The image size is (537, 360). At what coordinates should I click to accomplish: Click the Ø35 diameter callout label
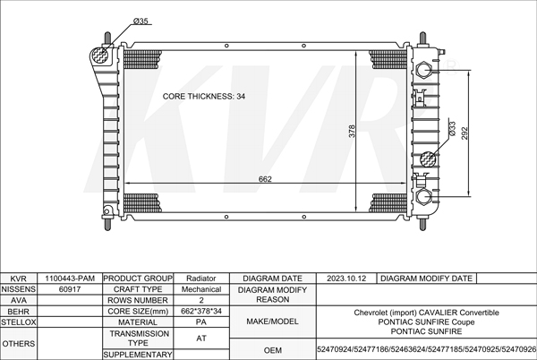pyautogui.click(x=141, y=21)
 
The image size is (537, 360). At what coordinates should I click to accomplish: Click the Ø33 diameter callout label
pyautogui.click(x=452, y=129)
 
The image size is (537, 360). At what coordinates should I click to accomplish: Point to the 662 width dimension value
pyautogui.click(x=265, y=179)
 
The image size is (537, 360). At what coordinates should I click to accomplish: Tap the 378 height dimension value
pyautogui.click(x=352, y=131)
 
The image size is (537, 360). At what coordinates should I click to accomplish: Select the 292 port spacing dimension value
pyautogui.click(x=465, y=133)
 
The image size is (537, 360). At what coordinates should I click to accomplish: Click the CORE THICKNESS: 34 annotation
pyautogui.click(x=204, y=97)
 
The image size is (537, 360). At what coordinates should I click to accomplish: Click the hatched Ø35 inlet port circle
pyautogui.click(x=100, y=56)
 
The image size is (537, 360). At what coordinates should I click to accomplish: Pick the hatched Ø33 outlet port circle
pyautogui.click(x=428, y=159)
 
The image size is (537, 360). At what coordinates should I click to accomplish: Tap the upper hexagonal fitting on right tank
pyautogui.click(x=423, y=70)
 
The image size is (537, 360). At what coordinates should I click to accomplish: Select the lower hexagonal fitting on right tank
pyautogui.click(x=424, y=197)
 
